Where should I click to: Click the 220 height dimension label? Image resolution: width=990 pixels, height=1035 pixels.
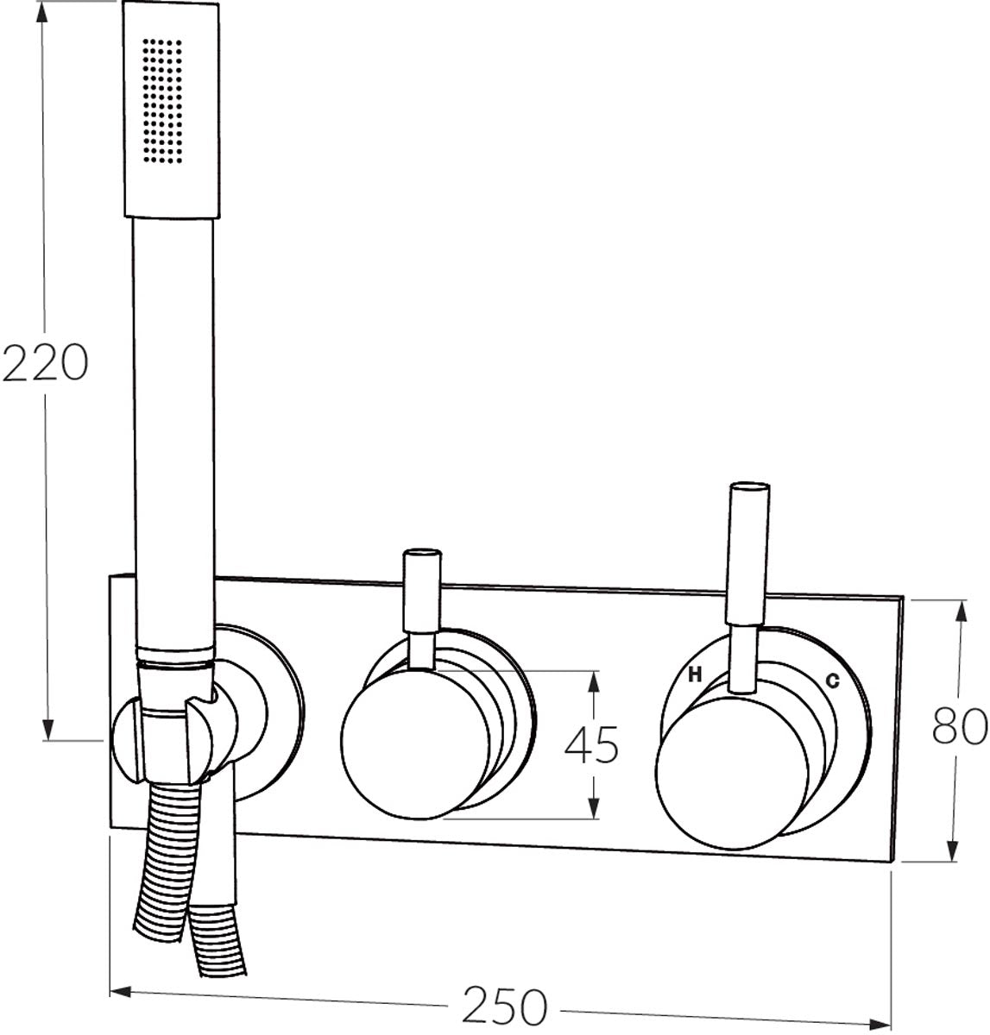tap(45, 362)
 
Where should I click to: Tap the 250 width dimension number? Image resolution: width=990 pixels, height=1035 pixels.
tap(504, 1006)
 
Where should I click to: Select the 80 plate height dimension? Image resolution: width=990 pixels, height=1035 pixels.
tap(960, 726)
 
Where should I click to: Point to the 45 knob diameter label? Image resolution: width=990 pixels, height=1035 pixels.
tap(591, 744)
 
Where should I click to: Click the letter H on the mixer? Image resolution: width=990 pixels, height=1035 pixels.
tap(695, 675)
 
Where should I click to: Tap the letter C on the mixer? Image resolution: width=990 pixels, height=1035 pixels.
tap(832, 681)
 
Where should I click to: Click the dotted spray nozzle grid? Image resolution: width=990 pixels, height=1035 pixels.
tap(162, 101)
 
